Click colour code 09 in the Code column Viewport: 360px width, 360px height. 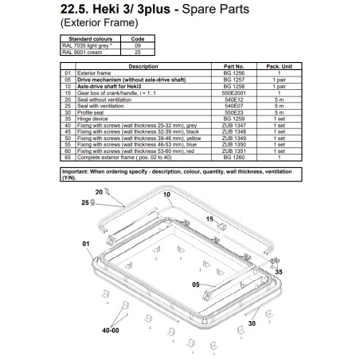click(x=136, y=44)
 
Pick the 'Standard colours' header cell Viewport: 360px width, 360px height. click(x=91, y=37)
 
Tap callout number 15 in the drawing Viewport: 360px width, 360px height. click(x=209, y=218)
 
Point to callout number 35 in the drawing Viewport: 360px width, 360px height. click(x=278, y=272)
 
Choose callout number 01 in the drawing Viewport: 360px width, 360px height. click(x=86, y=244)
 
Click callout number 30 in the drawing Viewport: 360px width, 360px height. click(x=252, y=324)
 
